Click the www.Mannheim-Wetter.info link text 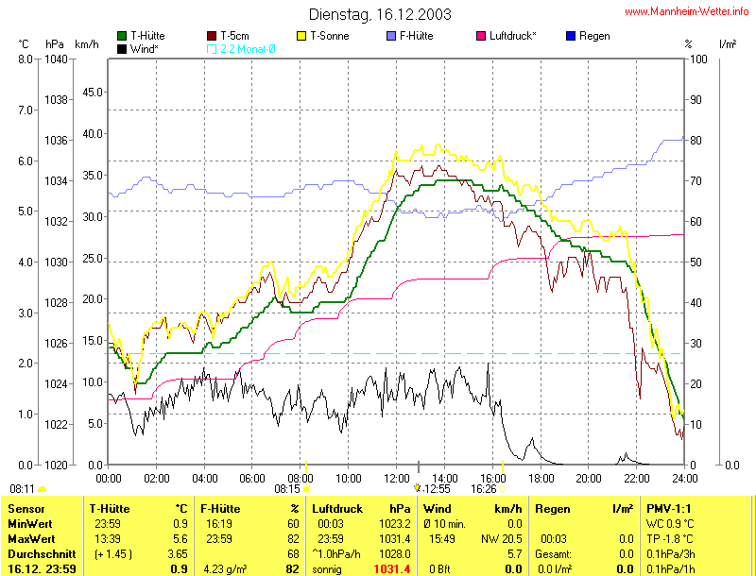pyautogui.click(x=688, y=12)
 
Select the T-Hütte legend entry pyautogui.click(x=141, y=36)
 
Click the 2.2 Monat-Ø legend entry pyautogui.click(x=241, y=48)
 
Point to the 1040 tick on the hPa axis pyautogui.click(x=56, y=59)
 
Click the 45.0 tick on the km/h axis pyautogui.click(x=93, y=93)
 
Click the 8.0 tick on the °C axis pyautogui.click(x=26, y=59)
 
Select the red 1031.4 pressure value pyautogui.click(x=391, y=569)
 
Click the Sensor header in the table pyautogui.click(x=26, y=509)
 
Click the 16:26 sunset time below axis pyautogui.click(x=484, y=489)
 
